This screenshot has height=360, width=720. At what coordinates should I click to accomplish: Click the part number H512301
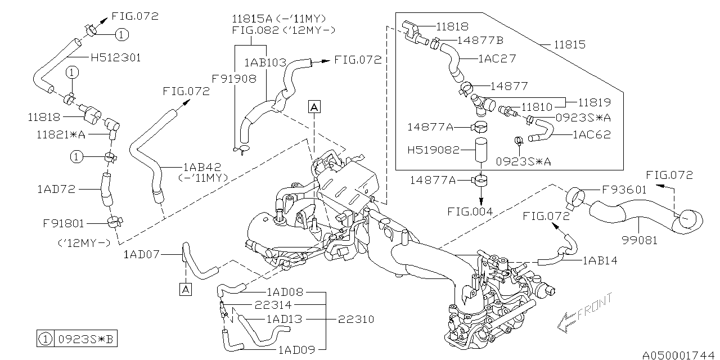(115, 57)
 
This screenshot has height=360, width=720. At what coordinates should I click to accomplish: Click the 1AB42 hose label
(204, 167)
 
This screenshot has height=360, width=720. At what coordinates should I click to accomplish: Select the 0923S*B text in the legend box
(85, 340)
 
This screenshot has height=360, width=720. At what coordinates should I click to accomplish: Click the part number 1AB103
(265, 62)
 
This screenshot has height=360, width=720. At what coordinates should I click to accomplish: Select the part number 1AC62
(591, 135)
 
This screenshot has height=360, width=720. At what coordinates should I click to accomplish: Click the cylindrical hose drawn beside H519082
(480, 151)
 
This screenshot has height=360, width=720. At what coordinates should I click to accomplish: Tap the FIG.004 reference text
(471, 212)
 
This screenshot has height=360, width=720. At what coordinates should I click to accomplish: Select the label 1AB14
(601, 260)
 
